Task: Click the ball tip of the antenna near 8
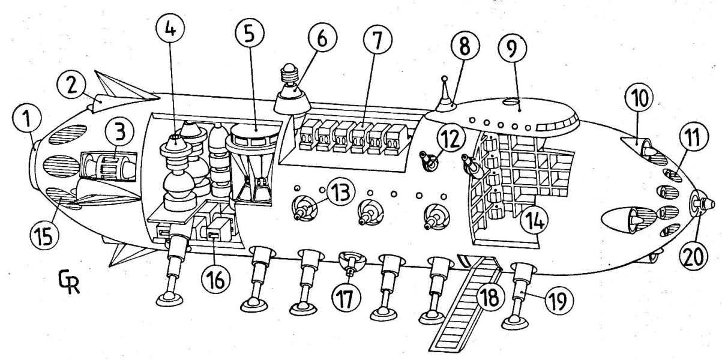click(x=444, y=77)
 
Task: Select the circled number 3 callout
click(x=121, y=130)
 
